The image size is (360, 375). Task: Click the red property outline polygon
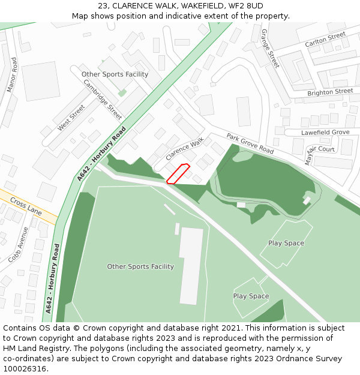[178, 173]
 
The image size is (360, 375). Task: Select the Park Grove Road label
[250, 144]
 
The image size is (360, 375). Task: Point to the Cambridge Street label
[103, 100]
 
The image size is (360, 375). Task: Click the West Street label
[71, 118]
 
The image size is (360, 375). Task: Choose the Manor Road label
[11, 74]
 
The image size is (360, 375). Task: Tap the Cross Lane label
[26, 208]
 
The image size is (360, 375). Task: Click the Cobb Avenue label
[19, 244]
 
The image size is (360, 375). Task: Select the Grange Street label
[271, 47]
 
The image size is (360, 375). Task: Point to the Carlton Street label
[325, 40]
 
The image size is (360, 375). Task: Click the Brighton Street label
[330, 92]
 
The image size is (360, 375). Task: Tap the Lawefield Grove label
[325, 132]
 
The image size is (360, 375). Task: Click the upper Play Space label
[286, 243]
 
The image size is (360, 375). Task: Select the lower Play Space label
[251, 296]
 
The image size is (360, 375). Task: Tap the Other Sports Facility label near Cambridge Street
[115, 74]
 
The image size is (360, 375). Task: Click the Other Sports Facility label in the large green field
[140, 266]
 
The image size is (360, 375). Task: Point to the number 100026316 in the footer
[25, 369]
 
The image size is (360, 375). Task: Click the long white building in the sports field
[191, 265]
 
